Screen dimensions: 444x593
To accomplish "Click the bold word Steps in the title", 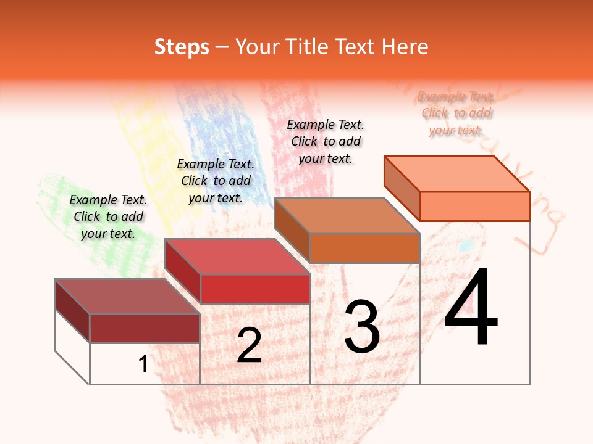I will [182, 47].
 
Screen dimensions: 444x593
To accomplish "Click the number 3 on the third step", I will [362, 327].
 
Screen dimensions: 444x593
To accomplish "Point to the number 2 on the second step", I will [249, 345].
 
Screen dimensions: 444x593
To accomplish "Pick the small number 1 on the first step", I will [143, 364].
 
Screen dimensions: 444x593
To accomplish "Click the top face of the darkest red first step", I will [127, 297].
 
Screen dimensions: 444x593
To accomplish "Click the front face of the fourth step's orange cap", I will [474, 206].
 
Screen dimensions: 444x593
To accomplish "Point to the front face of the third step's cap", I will [364, 248].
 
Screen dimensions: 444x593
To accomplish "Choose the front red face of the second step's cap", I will [255, 289].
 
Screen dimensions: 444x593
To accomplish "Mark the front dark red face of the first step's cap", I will [145, 328].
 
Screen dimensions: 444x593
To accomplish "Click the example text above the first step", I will [108, 216].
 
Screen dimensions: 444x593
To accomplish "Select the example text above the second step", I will [216, 181].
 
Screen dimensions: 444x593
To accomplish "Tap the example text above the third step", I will [326, 141].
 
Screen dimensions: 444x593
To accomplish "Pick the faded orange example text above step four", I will [456, 113].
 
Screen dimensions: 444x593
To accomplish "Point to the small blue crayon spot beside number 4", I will [467, 245].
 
